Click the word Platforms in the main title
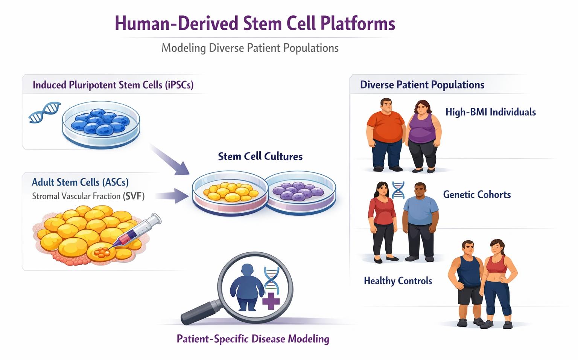[357, 24]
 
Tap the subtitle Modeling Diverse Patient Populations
[250, 48]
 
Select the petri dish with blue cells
[101, 125]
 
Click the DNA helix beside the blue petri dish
[45, 112]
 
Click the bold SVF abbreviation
[134, 196]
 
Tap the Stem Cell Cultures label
[260, 157]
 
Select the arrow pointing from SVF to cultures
[172, 196]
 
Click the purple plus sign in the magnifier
[271, 301]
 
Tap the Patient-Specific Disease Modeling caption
[253, 339]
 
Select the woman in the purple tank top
[423, 136]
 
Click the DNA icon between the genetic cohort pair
[398, 190]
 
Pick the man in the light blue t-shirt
[420, 222]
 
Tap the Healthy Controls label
[398, 281]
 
